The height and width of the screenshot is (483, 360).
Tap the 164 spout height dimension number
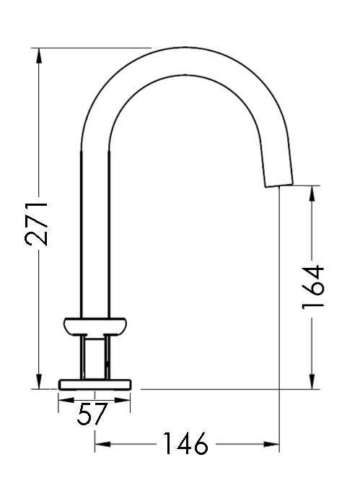tap(312, 287)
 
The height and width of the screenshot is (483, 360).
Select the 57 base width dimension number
tap(92, 414)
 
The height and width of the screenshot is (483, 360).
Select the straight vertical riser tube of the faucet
tap(95, 231)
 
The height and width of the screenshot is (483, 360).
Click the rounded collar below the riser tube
tap(96, 326)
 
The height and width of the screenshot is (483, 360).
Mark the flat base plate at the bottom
tap(96, 383)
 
